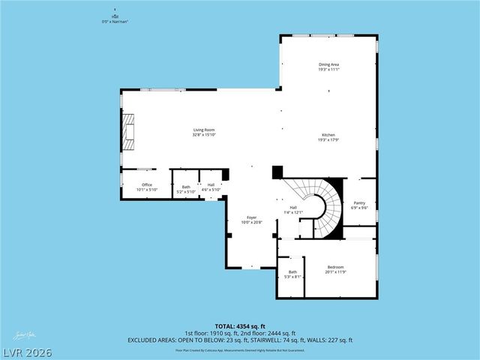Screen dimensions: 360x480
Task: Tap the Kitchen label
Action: pos(328,134)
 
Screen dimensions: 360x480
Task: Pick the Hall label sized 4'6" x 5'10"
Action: pos(211,187)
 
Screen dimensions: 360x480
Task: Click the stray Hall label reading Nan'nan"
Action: pos(115,19)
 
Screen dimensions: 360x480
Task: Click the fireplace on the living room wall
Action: pos(129,130)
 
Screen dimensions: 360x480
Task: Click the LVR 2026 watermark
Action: pos(26,350)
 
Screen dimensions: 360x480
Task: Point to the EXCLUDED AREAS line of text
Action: pos(240,340)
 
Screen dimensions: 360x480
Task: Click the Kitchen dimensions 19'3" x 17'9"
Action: pos(328,139)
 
